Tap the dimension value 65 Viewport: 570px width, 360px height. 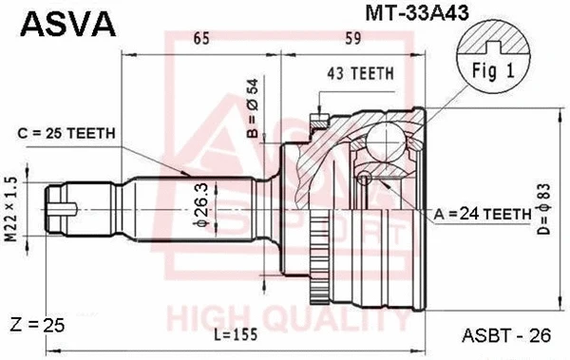200,39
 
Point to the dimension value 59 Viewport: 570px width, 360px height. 352,39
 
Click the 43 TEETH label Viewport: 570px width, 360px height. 354,73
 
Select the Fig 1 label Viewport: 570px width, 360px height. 490,69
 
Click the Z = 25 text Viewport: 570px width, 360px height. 39,325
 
